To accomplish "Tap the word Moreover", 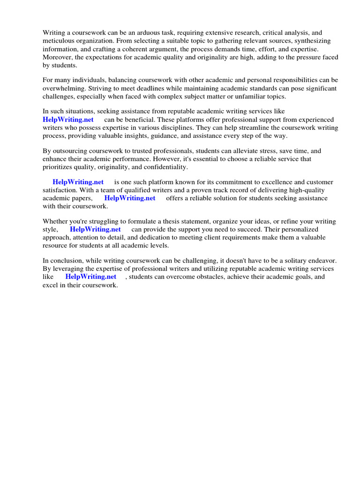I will (57, 57).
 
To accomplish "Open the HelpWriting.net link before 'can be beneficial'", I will (68, 120).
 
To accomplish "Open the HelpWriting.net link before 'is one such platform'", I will (78, 182).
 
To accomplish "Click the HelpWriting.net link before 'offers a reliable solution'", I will (130, 198).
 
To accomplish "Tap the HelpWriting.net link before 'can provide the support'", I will (95, 229).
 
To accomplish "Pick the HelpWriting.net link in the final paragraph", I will (91, 277).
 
